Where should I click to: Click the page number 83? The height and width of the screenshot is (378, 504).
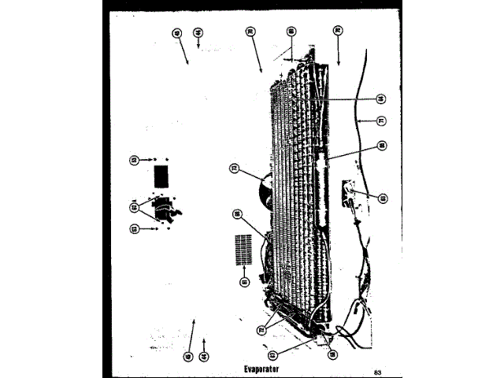point(377,371)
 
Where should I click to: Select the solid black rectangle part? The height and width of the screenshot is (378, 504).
point(161,173)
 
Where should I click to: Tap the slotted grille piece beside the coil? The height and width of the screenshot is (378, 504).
point(244,251)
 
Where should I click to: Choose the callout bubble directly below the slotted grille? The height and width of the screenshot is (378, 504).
point(243,281)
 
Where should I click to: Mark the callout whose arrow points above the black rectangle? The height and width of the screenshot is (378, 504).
point(134,160)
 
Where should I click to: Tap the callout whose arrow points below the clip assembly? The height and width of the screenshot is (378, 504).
point(134,228)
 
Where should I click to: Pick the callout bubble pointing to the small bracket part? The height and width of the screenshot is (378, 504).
point(383,198)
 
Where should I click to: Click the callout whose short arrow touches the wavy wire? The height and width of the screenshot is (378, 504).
point(381,120)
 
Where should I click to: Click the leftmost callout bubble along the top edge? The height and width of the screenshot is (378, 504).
point(176,32)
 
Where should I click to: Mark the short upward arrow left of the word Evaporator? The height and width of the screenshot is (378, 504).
point(204,343)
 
